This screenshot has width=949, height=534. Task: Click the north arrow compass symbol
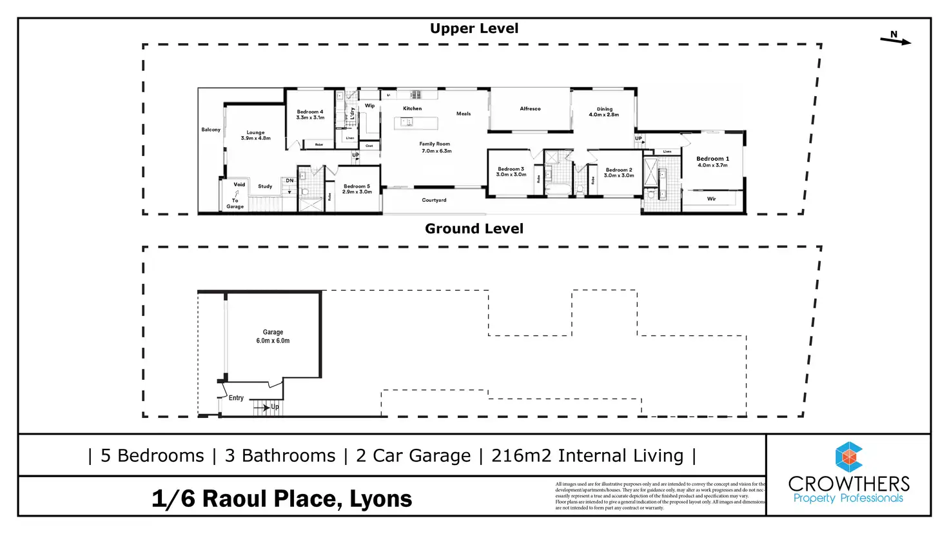point(895,39)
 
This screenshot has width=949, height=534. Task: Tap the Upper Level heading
point(474,28)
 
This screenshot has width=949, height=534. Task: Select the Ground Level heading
point(474,228)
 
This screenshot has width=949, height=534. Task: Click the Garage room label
point(273,332)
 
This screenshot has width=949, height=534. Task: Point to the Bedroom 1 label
point(712,159)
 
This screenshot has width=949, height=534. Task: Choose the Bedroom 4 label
point(310,112)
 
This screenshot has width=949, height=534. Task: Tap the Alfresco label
point(530,109)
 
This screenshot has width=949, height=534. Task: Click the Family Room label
point(435,144)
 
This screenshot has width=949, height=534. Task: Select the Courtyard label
point(434,200)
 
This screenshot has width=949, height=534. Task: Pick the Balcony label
point(211,130)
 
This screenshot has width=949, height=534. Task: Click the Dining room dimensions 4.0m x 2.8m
point(603,115)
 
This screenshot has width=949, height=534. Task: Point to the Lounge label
point(255,132)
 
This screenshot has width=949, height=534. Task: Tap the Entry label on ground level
point(236,398)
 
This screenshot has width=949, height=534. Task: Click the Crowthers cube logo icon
point(848,457)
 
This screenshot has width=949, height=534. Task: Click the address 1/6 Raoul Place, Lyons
point(282,499)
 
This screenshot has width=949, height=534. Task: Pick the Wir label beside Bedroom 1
point(711,199)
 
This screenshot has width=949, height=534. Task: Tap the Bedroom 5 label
point(357,186)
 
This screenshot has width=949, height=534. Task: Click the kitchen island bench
point(416,123)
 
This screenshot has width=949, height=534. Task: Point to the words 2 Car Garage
point(413,455)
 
